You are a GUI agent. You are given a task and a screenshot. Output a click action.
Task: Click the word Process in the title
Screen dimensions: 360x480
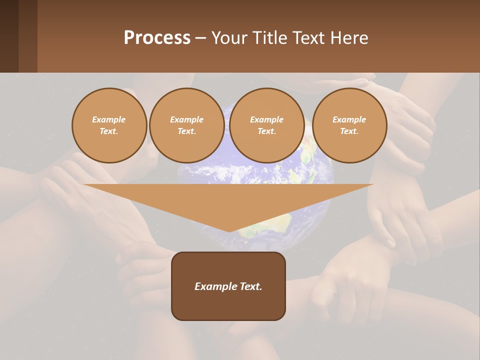click(x=157, y=37)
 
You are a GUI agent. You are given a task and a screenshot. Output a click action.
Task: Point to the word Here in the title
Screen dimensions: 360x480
click(x=350, y=38)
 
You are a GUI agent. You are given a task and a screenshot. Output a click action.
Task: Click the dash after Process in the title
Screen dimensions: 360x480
click(x=200, y=38)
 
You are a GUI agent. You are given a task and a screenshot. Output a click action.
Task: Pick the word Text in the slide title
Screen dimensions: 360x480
click(x=310, y=38)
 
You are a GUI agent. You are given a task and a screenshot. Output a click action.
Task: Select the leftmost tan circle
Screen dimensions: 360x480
click(x=109, y=125)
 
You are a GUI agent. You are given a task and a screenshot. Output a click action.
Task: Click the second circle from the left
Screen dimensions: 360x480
click(x=186, y=125)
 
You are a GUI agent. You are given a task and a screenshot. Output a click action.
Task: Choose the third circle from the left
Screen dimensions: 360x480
click(x=266, y=125)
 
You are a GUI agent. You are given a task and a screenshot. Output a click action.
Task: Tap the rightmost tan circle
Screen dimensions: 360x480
click(x=349, y=125)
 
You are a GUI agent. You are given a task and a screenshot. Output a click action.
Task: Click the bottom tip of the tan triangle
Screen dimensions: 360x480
click(x=229, y=231)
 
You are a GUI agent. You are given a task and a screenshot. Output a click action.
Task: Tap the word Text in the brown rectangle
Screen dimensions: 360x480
click(x=251, y=286)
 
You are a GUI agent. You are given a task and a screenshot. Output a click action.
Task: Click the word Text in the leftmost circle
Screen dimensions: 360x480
click(x=108, y=131)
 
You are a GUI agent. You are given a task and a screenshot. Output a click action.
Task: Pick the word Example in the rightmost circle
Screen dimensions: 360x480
click(x=349, y=119)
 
